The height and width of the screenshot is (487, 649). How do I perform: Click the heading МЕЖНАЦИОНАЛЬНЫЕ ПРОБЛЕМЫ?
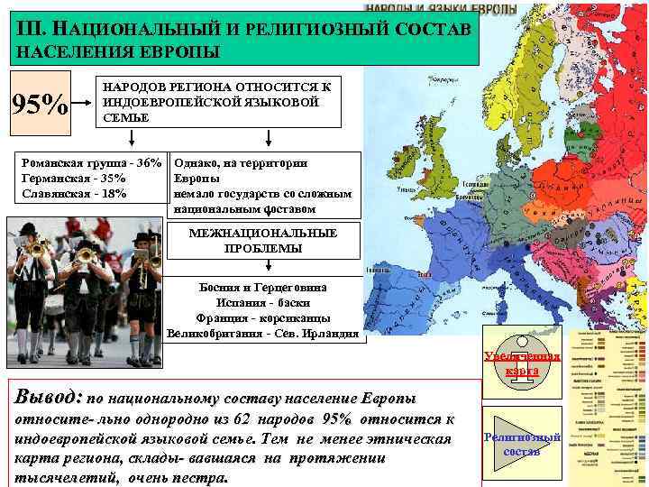tap(263, 241)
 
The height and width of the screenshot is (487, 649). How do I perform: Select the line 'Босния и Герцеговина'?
tap(262, 287)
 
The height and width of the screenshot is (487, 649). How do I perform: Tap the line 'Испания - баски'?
tap(262, 302)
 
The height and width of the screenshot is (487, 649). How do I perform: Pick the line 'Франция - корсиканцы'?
tap(262, 317)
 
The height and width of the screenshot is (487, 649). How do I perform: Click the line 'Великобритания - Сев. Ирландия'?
tap(262, 333)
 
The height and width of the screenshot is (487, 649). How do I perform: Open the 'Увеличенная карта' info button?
tap(522, 363)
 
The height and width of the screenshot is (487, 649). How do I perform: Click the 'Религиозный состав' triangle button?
tap(522, 443)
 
